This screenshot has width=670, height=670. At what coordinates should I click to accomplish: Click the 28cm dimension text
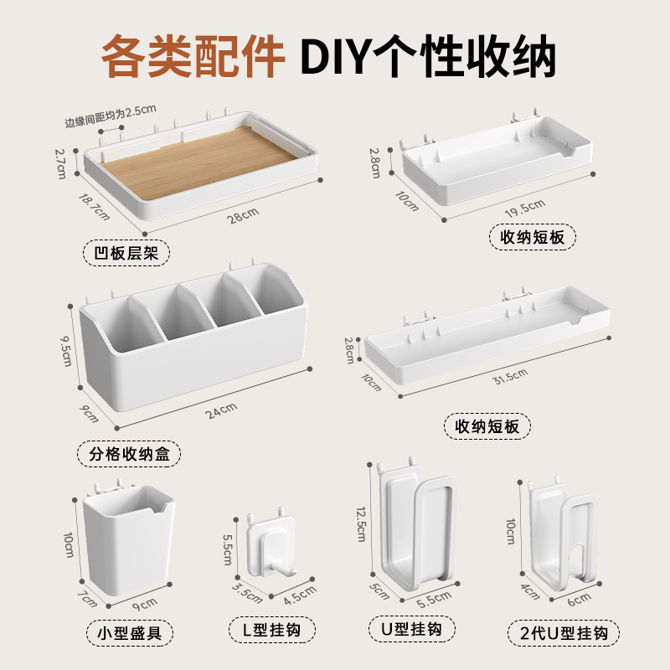coord(244,217)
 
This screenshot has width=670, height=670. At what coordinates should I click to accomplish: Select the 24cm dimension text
coord(224,408)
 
